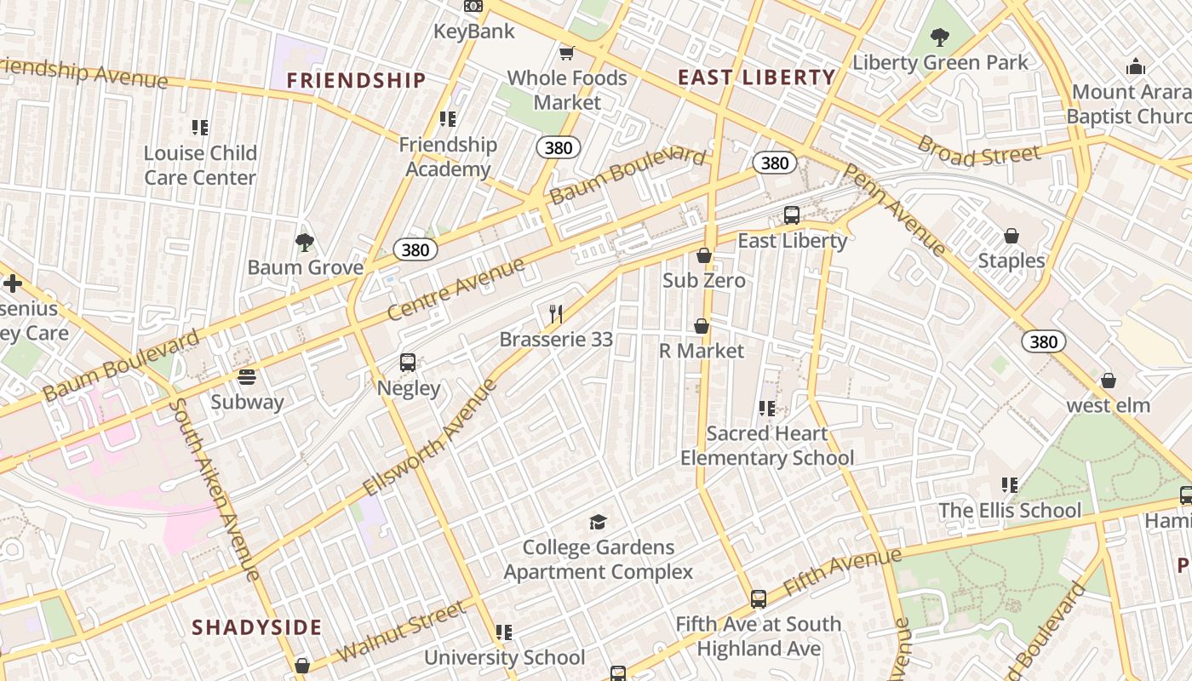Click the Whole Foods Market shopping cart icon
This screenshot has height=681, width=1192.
(x=566, y=53)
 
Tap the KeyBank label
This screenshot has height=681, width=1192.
(x=474, y=31)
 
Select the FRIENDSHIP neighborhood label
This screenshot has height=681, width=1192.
(x=356, y=81)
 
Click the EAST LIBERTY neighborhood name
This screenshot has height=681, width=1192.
(x=757, y=77)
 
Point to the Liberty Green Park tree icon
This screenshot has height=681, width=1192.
(x=940, y=37)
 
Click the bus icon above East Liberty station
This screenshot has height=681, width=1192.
(x=792, y=215)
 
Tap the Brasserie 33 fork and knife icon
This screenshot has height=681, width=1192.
(x=556, y=314)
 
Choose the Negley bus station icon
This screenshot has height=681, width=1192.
(x=408, y=363)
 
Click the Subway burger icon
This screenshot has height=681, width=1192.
(x=247, y=376)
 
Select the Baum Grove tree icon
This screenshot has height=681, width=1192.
(x=305, y=243)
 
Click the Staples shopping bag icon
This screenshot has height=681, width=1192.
(x=1011, y=236)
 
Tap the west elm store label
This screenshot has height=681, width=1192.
(x=1109, y=405)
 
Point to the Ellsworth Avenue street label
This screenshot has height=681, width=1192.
(x=430, y=438)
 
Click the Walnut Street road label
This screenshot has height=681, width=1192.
(x=401, y=631)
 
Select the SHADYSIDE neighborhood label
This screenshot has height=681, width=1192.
(x=256, y=628)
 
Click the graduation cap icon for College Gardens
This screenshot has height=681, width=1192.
(x=599, y=522)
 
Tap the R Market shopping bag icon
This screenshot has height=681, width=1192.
(x=702, y=326)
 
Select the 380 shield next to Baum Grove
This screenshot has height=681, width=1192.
(x=415, y=249)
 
